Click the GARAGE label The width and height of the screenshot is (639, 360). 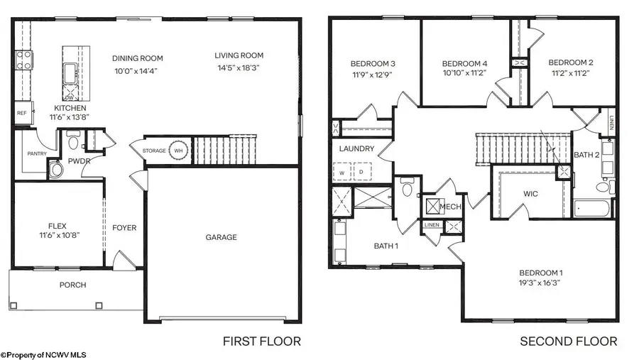click(x=221, y=237)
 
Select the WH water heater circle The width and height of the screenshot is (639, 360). click(x=179, y=151)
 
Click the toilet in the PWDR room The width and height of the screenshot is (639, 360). click(x=72, y=141)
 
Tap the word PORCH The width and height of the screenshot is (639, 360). click(x=72, y=285)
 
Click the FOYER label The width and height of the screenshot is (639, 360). click(x=124, y=228)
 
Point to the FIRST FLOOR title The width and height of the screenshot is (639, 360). click(x=262, y=342)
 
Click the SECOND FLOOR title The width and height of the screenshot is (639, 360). click(x=569, y=342)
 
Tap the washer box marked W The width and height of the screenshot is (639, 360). click(x=342, y=172)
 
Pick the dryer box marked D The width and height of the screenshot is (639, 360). click(x=360, y=172)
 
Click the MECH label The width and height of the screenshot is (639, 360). click(x=452, y=207)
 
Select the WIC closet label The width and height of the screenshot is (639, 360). click(x=530, y=192)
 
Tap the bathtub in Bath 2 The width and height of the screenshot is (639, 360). click(x=593, y=209)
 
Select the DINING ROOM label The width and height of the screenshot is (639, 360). click(x=138, y=58)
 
